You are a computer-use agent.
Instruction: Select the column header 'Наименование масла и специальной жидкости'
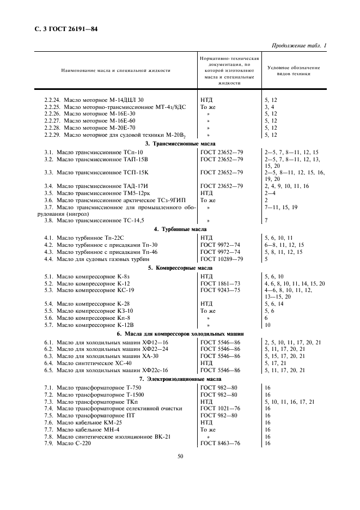[115, 70]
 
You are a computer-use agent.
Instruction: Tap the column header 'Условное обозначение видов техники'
[294, 70]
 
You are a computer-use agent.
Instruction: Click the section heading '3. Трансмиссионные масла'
[180, 143]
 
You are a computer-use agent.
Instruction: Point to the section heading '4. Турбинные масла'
[180, 229]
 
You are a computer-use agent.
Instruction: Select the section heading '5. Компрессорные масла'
[180, 268]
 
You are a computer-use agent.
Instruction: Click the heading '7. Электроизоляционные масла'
[180, 379]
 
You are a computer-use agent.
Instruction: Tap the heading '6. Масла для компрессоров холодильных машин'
[180, 333]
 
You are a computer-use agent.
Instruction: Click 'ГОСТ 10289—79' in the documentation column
[222, 259]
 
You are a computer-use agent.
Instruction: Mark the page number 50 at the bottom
[180, 472]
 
